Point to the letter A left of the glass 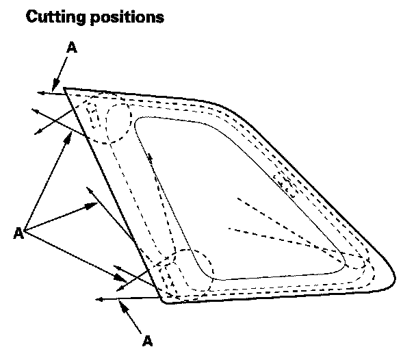click(18, 233)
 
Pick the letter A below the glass click(146, 339)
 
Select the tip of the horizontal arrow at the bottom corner click(98, 299)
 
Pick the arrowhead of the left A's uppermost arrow click(72, 133)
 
